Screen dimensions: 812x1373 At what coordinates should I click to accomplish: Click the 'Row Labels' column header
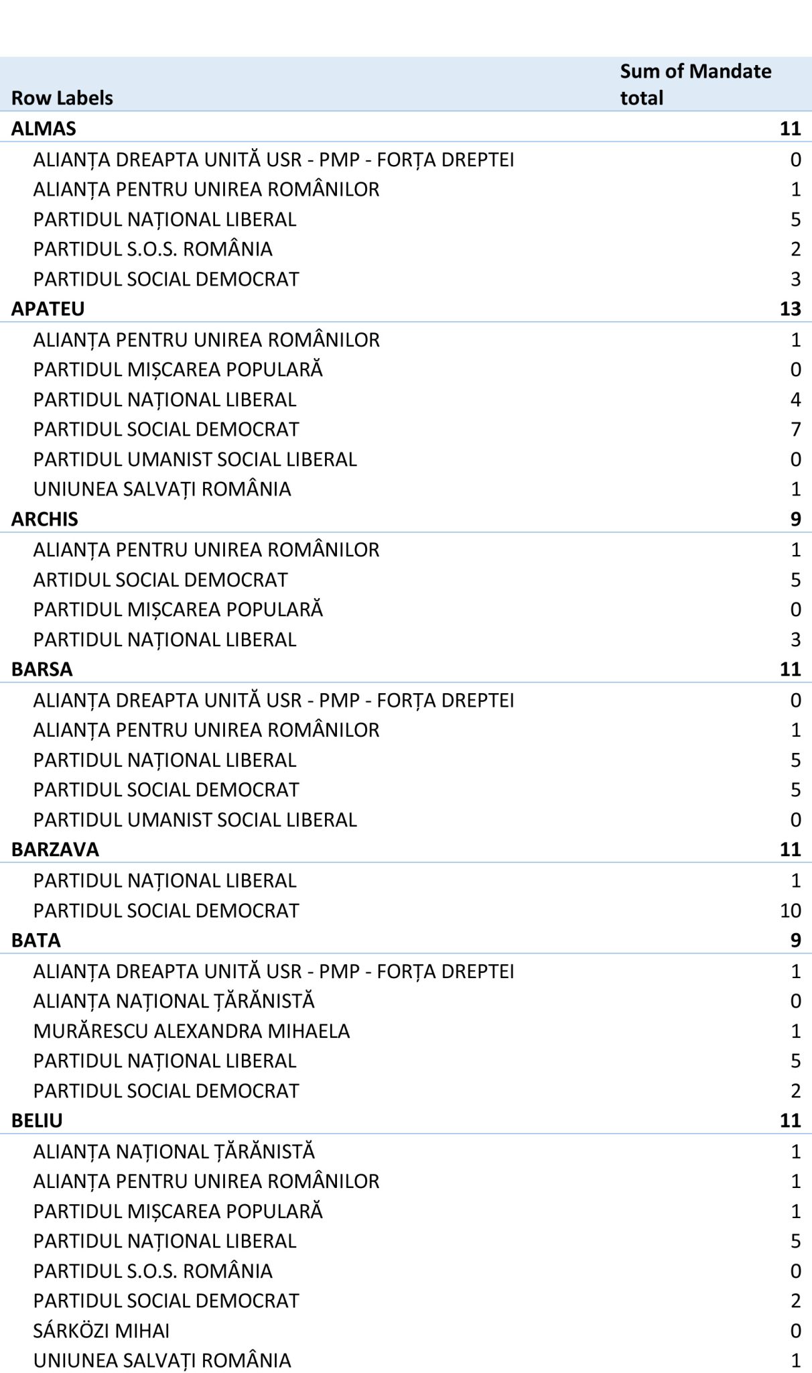pos(62,98)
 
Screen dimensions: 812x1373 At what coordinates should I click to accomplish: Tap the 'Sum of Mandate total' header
pos(695,84)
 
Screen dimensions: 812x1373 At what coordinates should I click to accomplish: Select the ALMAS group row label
pos(44,128)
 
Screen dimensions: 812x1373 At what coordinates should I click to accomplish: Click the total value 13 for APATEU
pos(790,308)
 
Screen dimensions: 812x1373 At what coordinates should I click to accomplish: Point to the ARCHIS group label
pos(45,519)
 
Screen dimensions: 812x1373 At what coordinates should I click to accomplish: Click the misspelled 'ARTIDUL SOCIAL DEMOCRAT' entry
pos(161,579)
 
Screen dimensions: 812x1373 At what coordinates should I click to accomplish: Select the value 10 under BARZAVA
pos(790,910)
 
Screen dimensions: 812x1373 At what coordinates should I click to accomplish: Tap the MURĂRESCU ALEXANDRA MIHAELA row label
pos(192,1030)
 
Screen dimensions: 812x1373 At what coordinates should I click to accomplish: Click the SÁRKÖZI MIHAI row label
pos(102,1330)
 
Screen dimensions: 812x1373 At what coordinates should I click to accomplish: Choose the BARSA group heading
pos(42,669)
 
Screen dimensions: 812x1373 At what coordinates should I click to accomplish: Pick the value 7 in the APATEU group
pos(795,429)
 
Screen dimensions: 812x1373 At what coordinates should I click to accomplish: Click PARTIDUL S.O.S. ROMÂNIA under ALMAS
pos(153,249)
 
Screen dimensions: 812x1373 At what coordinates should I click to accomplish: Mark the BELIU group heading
pos(37,1120)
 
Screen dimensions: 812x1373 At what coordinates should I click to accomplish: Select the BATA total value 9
pos(795,940)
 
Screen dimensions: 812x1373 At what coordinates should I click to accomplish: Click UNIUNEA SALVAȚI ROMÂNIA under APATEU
pos(162,489)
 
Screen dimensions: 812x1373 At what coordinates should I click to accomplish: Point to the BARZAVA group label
pos(55,849)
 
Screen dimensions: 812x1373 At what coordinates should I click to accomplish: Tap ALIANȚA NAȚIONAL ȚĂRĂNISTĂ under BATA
pos(174,1001)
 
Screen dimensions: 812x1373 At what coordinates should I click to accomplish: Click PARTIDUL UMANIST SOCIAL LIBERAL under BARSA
pos(195,819)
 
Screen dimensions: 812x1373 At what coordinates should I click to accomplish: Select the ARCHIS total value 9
pos(795,519)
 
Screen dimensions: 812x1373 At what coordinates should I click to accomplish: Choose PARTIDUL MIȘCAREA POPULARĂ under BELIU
pos(178,1211)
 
